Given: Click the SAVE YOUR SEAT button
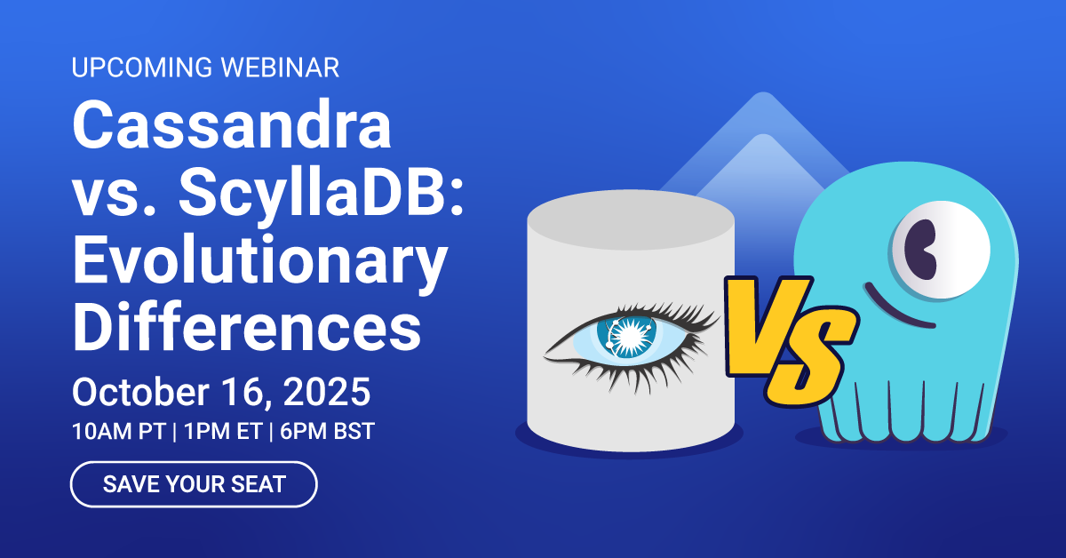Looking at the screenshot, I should pyautogui.click(x=194, y=484).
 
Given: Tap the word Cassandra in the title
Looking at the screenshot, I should pyautogui.click(x=232, y=126).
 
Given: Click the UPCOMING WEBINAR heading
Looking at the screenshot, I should pyautogui.click(x=204, y=67).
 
